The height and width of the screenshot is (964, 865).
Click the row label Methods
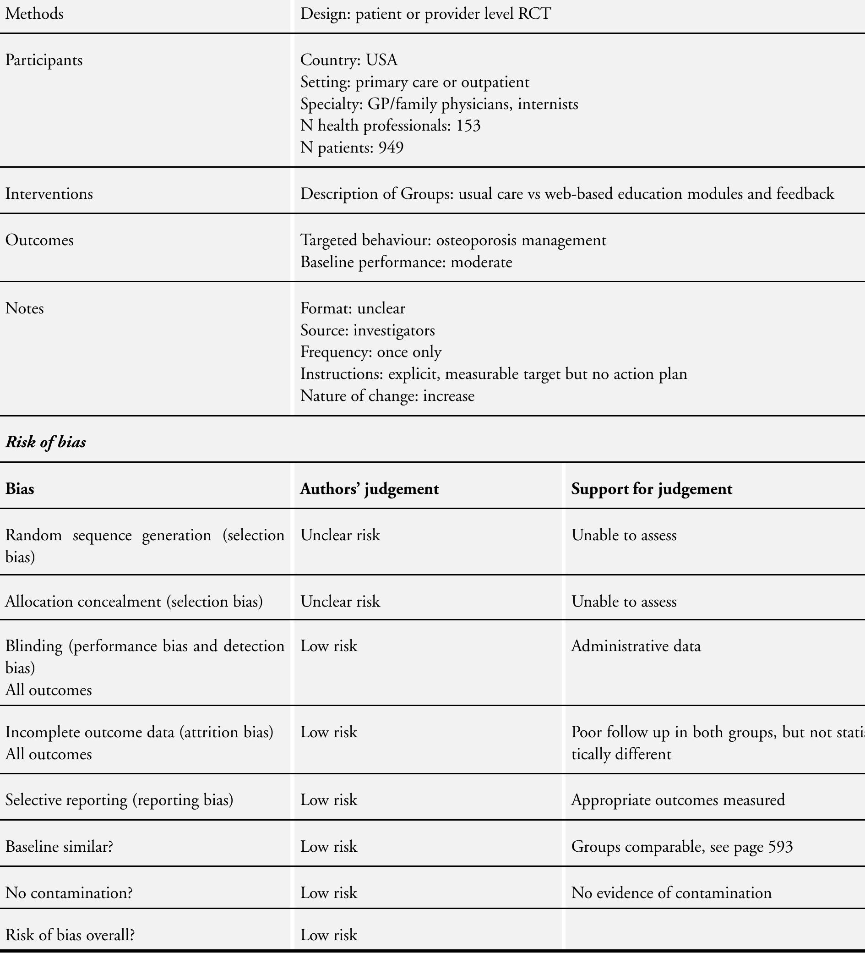pyautogui.click(x=34, y=14)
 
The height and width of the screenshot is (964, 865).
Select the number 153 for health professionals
pyautogui.click(x=468, y=126)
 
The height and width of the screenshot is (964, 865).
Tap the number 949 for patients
pyautogui.click(x=391, y=148)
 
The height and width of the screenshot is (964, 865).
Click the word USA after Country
pyautogui.click(x=381, y=60)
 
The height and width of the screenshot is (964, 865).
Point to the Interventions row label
pyautogui.click(x=49, y=194)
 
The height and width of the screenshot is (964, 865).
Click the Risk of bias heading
pyautogui.click(x=46, y=442)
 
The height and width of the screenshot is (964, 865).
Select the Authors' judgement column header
pyautogui.click(x=369, y=489)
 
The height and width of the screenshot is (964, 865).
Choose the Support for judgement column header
pyautogui.click(x=652, y=489)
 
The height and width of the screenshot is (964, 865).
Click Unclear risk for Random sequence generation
pyautogui.click(x=340, y=536)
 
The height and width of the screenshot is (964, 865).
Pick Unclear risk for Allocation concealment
pyautogui.click(x=340, y=602)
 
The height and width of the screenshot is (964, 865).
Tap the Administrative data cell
pyautogui.click(x=636, y=646)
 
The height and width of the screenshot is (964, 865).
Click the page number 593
pyautogui.click(x=780, y=847)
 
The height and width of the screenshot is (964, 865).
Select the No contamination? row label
pyautogui.click(x=69, y=893)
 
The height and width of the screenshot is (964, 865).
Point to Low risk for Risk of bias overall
pyautogui.click(x=329, y=936)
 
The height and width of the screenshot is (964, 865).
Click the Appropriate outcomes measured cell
pyautogui.click(x=678, y=800)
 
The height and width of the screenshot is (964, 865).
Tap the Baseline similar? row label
pyautogui.click(x=60, y=847)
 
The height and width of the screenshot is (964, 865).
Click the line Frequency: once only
pyautogui.click(x=371, y=352)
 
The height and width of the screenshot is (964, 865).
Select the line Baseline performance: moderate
pyautogui.click(x=406, y=263)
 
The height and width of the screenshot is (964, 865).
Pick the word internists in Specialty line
pyautogui.click(x=548, y=104)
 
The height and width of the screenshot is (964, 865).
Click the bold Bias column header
pyautogui.click(x=20, y=489)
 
